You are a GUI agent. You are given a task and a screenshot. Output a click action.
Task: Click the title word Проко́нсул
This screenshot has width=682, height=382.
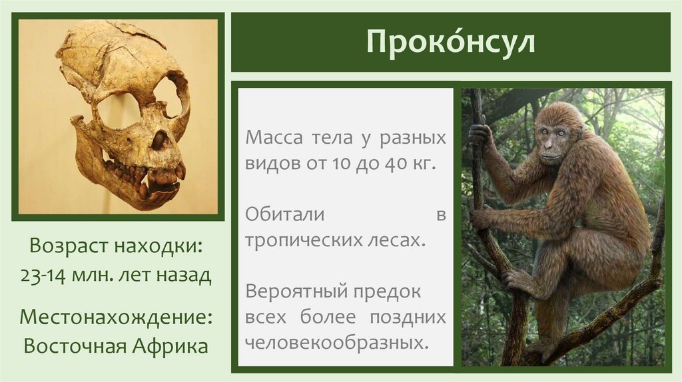(x=450, y=43)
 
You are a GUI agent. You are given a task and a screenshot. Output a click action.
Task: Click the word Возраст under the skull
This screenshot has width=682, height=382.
(x=70, y=247)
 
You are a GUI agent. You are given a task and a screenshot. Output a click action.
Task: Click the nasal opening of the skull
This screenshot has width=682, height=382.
(x=159, y=140)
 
